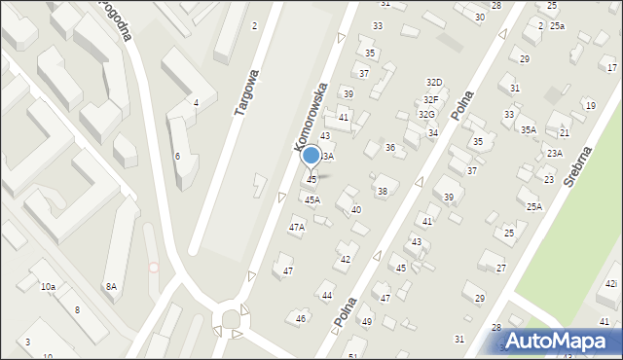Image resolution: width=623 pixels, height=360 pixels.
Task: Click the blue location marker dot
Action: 311,156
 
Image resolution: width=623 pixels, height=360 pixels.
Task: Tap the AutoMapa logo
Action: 559,341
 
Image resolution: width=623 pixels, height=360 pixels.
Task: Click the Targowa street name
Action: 246,92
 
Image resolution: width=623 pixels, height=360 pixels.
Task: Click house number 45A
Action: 311,199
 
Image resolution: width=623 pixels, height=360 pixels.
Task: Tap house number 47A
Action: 297,227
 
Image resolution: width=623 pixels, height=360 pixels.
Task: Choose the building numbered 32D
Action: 433,83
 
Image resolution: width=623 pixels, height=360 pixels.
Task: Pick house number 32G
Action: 426,115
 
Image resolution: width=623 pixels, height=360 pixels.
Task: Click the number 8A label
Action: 111,286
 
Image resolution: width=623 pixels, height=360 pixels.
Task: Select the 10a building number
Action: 48,287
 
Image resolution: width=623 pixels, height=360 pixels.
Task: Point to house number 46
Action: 302,318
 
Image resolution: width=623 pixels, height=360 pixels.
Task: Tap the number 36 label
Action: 389,147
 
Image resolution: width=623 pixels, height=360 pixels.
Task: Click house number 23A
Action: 554,153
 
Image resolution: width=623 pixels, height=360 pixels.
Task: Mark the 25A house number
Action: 534,206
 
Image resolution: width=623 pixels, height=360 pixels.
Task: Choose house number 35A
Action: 528,129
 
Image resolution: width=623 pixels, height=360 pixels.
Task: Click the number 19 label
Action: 590,105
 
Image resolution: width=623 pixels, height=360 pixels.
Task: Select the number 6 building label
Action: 177,156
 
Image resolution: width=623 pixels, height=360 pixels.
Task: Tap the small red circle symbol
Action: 153,267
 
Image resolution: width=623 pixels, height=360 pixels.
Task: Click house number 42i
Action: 610,283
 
